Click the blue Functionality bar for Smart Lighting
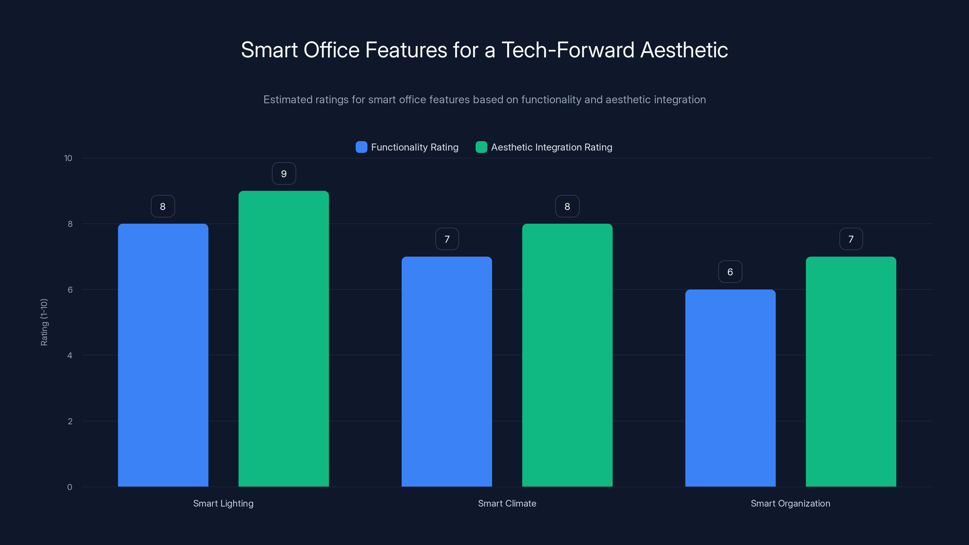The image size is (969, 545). pyautogui.click(x=163, y=355)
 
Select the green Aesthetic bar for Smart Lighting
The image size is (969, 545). pyautogui.click(x=284, y=339)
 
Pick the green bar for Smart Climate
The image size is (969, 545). pyautogui.click(x=567, y=355)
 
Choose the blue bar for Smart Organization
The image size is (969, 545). pyautogui.click(x=730, y=388)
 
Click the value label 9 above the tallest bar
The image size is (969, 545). pyautogui.click(x=284, y=174)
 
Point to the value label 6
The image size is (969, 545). pyautogui.click(x=730, y=272)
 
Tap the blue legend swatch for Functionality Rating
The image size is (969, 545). pyautogui.click(x=361, y=147)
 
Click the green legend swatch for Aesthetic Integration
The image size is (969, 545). pyautogui.click(x=481, y=147)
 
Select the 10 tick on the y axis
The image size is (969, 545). pyautogui.click(x=68, y=158)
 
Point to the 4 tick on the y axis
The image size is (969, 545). pyautogui.click(x=70, y=355)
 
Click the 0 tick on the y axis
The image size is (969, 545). pyautogui.click(x=70, y=487)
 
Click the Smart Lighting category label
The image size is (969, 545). pyautogui.click(x=223, y=503)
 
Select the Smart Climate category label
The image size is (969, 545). pyautogui.click(x=507, y=503)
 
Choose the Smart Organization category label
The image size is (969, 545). pyautogui.click(x=790, y=503)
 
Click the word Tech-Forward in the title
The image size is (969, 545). pyautogui.click(x=568, y=50)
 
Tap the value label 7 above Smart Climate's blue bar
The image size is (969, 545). pyautogui.click(x=447, y=239)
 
